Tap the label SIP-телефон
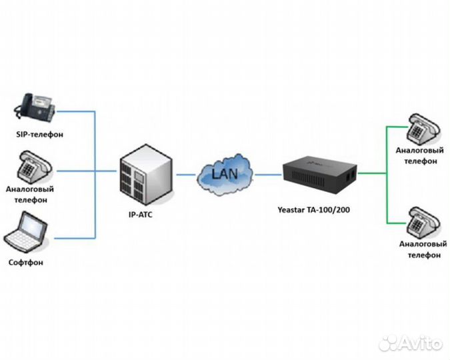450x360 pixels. [39, 134]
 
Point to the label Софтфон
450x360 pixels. [27, 262]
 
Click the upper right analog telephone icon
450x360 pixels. [421, 127]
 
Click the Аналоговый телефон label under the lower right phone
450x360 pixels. [420, 250]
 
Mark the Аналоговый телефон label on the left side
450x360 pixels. [30, 194]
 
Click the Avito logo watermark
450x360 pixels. [409, 343]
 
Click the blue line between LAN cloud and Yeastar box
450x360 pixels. [268, 175]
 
